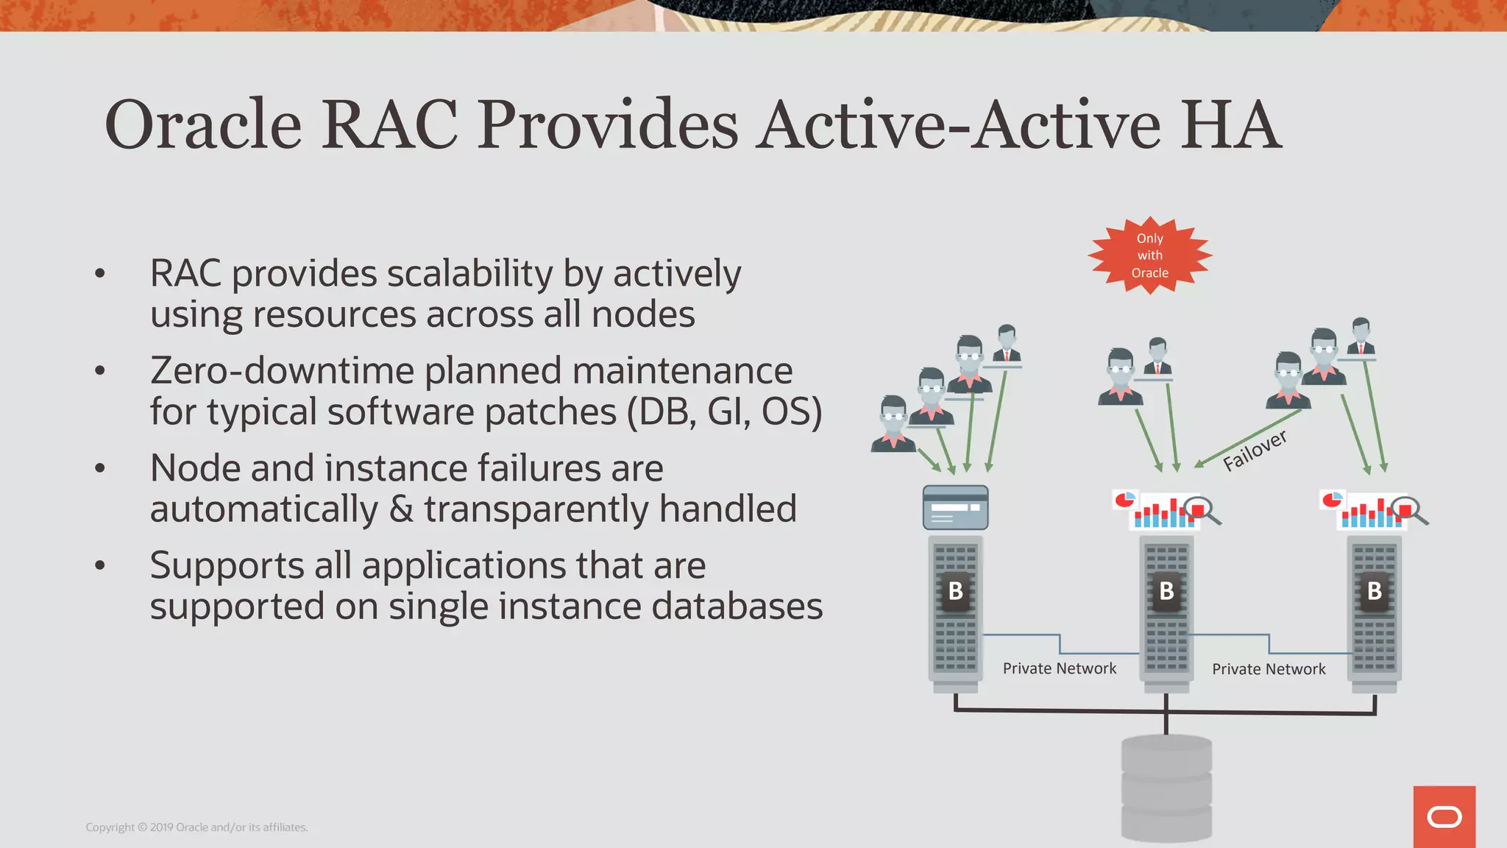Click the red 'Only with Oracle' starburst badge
1149,255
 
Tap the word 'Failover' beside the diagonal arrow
1255,450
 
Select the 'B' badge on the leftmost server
955,591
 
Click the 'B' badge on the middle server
1166,591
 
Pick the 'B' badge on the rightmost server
1374,591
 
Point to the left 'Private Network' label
1059,668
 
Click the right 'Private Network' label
1269,669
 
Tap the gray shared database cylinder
1166,788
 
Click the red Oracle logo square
1444,816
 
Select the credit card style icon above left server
955,507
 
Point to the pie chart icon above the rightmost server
1332,501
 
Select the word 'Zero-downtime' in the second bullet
284,370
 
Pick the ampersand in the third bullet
401,509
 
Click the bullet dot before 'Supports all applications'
101,565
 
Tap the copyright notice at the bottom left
196,827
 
